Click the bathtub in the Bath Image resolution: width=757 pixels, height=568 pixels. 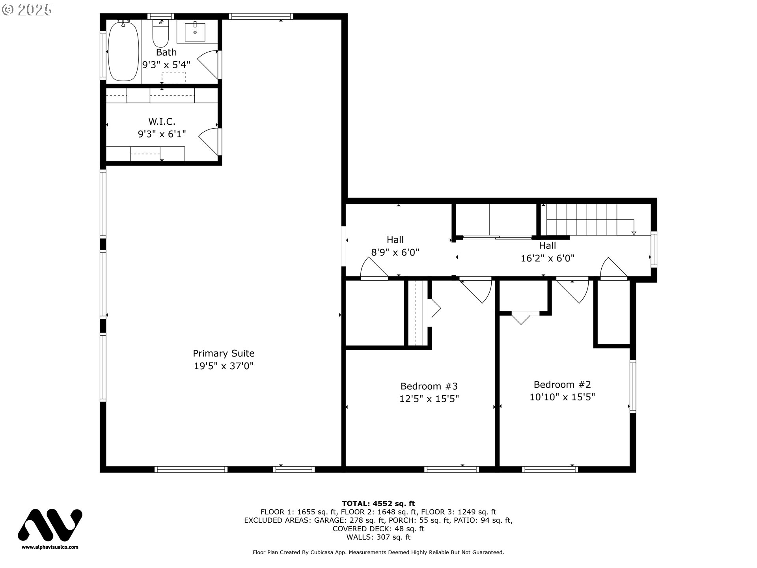click(123, 51)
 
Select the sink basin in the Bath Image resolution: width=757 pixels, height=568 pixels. click(195, 32)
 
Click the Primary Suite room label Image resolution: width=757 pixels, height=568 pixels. click(224, 353)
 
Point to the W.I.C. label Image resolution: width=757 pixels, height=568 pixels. click(162, 121)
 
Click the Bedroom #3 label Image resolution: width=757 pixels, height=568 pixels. click(429, 386)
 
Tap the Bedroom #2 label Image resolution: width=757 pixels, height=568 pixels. click(562, 385)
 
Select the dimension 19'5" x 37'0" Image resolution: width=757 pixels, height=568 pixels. click(224, 366)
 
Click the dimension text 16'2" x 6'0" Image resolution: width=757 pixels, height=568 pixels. click(547, 258)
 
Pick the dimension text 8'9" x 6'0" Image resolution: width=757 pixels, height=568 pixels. click(395, 252)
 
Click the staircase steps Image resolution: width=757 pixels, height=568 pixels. click(582, 219)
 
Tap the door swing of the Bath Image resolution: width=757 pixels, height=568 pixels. click(208, 65)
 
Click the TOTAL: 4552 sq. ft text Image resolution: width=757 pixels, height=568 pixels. click(378, 503)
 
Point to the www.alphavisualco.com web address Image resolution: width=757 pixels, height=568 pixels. click(50, 547)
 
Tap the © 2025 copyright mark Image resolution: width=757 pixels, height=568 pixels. click(27, 10)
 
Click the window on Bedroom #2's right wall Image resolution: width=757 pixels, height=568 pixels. click(632, 387)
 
